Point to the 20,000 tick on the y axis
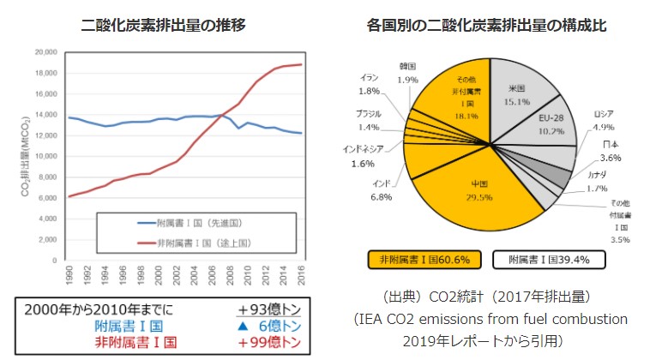click(x=45, y=52)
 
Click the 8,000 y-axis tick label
click(x=47, y=177)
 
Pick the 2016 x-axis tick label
click(x=301, y=277)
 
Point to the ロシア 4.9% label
click(x=604, y=121)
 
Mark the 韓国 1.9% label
click(x=410, y=73)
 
